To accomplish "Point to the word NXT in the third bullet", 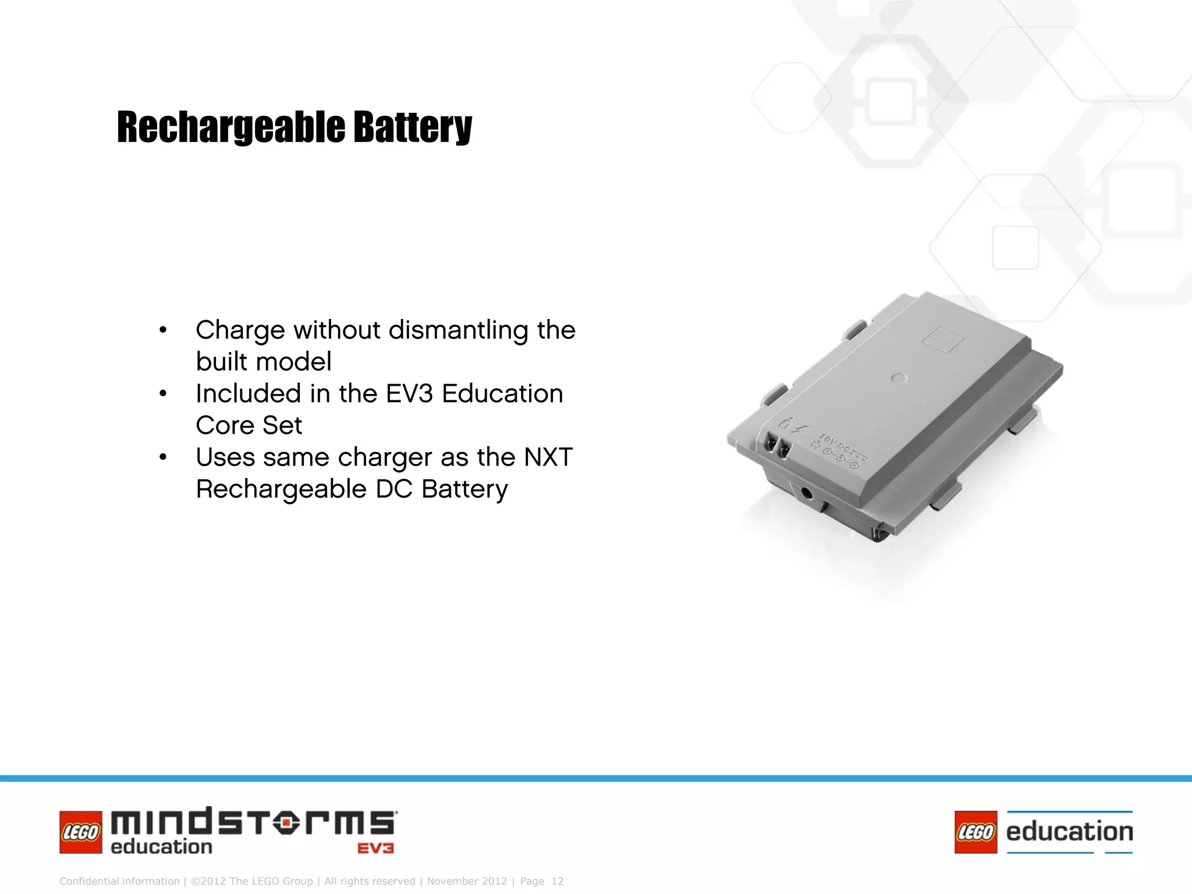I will point(548,457).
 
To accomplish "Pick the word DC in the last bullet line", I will point(395,489).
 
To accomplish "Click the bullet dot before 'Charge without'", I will point(163,331).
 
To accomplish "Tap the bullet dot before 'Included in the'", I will point(163,394).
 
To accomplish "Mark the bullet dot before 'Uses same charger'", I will point(163,457).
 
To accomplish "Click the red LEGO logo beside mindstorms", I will point(81,832).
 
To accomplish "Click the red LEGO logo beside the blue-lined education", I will point(975,832).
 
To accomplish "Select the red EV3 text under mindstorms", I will point(375,849).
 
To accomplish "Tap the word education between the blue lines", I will point(1069,832).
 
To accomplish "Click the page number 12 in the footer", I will point(557,881).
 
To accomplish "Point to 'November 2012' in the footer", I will point(467,881).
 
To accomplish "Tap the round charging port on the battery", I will point(807,494).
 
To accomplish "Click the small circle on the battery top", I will point(899,378).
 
